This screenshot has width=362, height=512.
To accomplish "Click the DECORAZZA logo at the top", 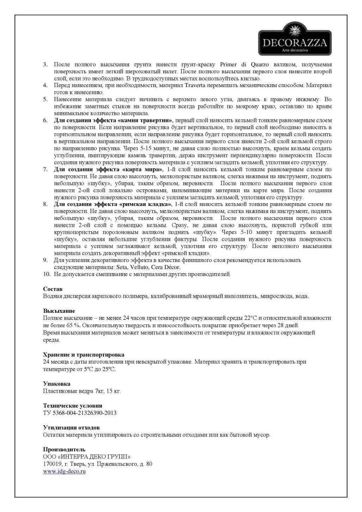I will tap(295, 39).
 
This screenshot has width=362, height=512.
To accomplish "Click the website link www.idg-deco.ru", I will tap(64, 471).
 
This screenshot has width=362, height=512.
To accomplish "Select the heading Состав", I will tap(53, 289).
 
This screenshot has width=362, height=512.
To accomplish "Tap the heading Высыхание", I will tap(59, 311).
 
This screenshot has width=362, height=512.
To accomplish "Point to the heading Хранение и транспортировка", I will tap(84, 355).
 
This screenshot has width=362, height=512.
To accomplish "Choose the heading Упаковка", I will tap(56, 384).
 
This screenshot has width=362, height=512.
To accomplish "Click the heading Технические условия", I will tap(72, 406).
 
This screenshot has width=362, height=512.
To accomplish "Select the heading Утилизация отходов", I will tap(71, 428).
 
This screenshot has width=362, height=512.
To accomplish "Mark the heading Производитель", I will tap(64, 450).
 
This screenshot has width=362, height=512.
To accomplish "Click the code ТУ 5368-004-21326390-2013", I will tap(80, 413).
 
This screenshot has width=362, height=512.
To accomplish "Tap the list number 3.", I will tap(45, 65).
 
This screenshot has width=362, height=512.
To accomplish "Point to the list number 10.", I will tap(47, 274).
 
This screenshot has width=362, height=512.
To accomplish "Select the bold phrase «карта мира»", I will tap(143, 169).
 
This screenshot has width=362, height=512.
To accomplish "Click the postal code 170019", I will tap(53, 464).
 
